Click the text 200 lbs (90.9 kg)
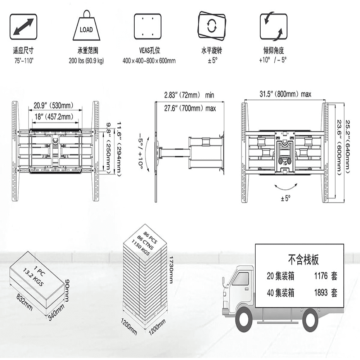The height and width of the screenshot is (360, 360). click(x=86, y=60)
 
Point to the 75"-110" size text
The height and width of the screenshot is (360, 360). click(x=23, y=60)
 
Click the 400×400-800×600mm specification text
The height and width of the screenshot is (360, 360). click(x=149, y=60)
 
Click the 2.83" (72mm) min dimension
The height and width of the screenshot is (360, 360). click(x=189, y=95)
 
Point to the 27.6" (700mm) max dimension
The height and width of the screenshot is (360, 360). click(x=190, y=108)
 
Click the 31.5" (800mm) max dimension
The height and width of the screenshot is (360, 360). click(x=285, y=94)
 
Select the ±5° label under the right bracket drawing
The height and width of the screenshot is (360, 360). click(x=285, y=198)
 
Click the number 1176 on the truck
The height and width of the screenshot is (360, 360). click(x=320, y=276)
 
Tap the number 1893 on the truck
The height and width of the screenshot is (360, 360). click(x=320, y=293)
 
